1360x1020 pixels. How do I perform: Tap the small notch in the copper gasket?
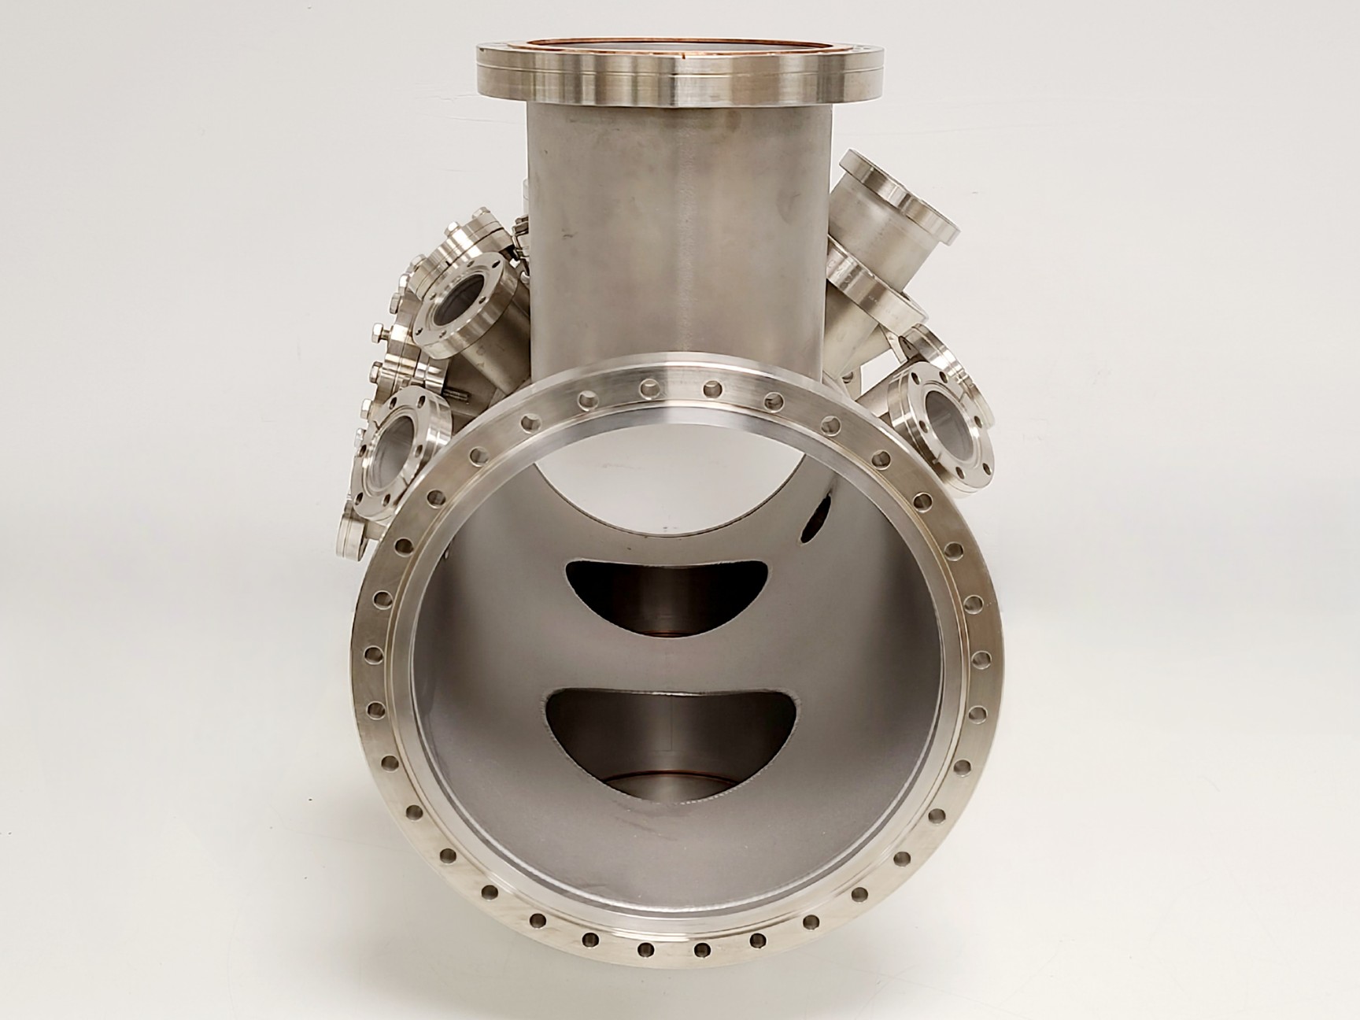coord(690,56)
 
